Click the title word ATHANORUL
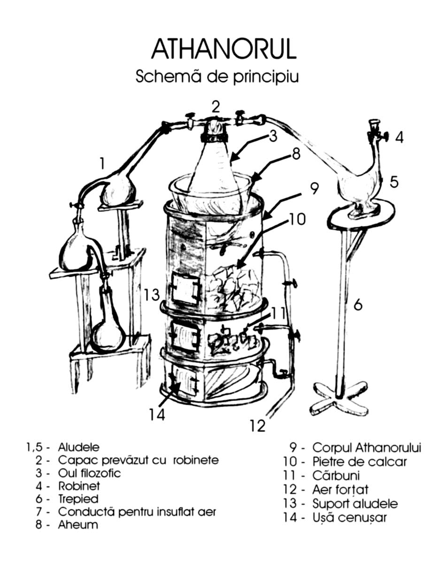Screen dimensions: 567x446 223,49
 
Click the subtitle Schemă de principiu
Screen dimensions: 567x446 217,76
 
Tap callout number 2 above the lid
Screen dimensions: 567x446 215,106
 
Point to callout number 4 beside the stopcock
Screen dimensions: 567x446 399,137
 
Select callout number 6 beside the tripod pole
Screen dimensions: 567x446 358,305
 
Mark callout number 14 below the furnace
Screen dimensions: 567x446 157,415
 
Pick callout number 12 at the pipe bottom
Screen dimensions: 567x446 258,425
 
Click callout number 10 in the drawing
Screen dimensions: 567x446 297,219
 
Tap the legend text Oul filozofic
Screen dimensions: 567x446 89,473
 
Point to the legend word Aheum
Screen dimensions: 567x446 78,525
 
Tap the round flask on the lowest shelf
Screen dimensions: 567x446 108,334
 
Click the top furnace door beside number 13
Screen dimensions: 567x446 185,287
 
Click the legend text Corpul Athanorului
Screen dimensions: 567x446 367,447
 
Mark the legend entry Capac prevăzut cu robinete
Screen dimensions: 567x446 138,460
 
